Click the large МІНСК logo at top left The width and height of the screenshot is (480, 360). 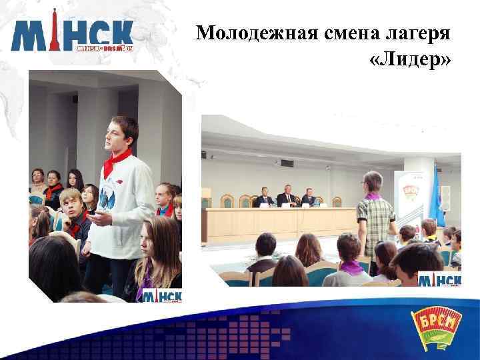72,36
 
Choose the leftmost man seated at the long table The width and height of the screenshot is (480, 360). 265,198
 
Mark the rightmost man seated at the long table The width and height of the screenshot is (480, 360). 309,198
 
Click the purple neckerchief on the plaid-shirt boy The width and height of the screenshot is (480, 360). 372,196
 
